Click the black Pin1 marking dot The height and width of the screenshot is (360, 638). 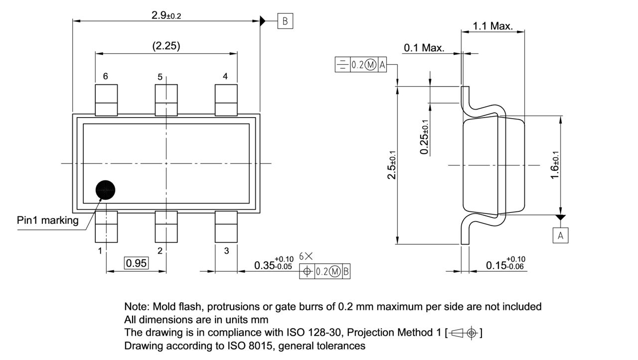pos(105,189)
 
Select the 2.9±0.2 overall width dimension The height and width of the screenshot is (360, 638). pos(166,15)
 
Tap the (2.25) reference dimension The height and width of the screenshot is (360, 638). pos(166,46)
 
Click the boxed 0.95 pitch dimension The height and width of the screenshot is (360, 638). pos(136,263)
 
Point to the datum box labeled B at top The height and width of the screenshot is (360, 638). pos(285,21)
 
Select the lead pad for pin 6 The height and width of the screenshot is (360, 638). pos(106,100)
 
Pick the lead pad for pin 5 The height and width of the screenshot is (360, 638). pos(166,100)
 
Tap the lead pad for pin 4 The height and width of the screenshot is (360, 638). pos(226,100)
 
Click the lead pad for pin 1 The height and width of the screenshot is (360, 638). pos(106,226)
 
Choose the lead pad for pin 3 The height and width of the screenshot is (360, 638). pos(226,226)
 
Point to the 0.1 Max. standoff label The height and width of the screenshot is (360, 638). pos(424,48)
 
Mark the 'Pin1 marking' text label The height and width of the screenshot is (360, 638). pos(48,220)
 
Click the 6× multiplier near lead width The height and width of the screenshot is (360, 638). pos(306,256)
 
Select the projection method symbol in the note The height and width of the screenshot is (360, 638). pos(463,333)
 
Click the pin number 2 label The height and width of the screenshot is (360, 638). pos(160,251)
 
